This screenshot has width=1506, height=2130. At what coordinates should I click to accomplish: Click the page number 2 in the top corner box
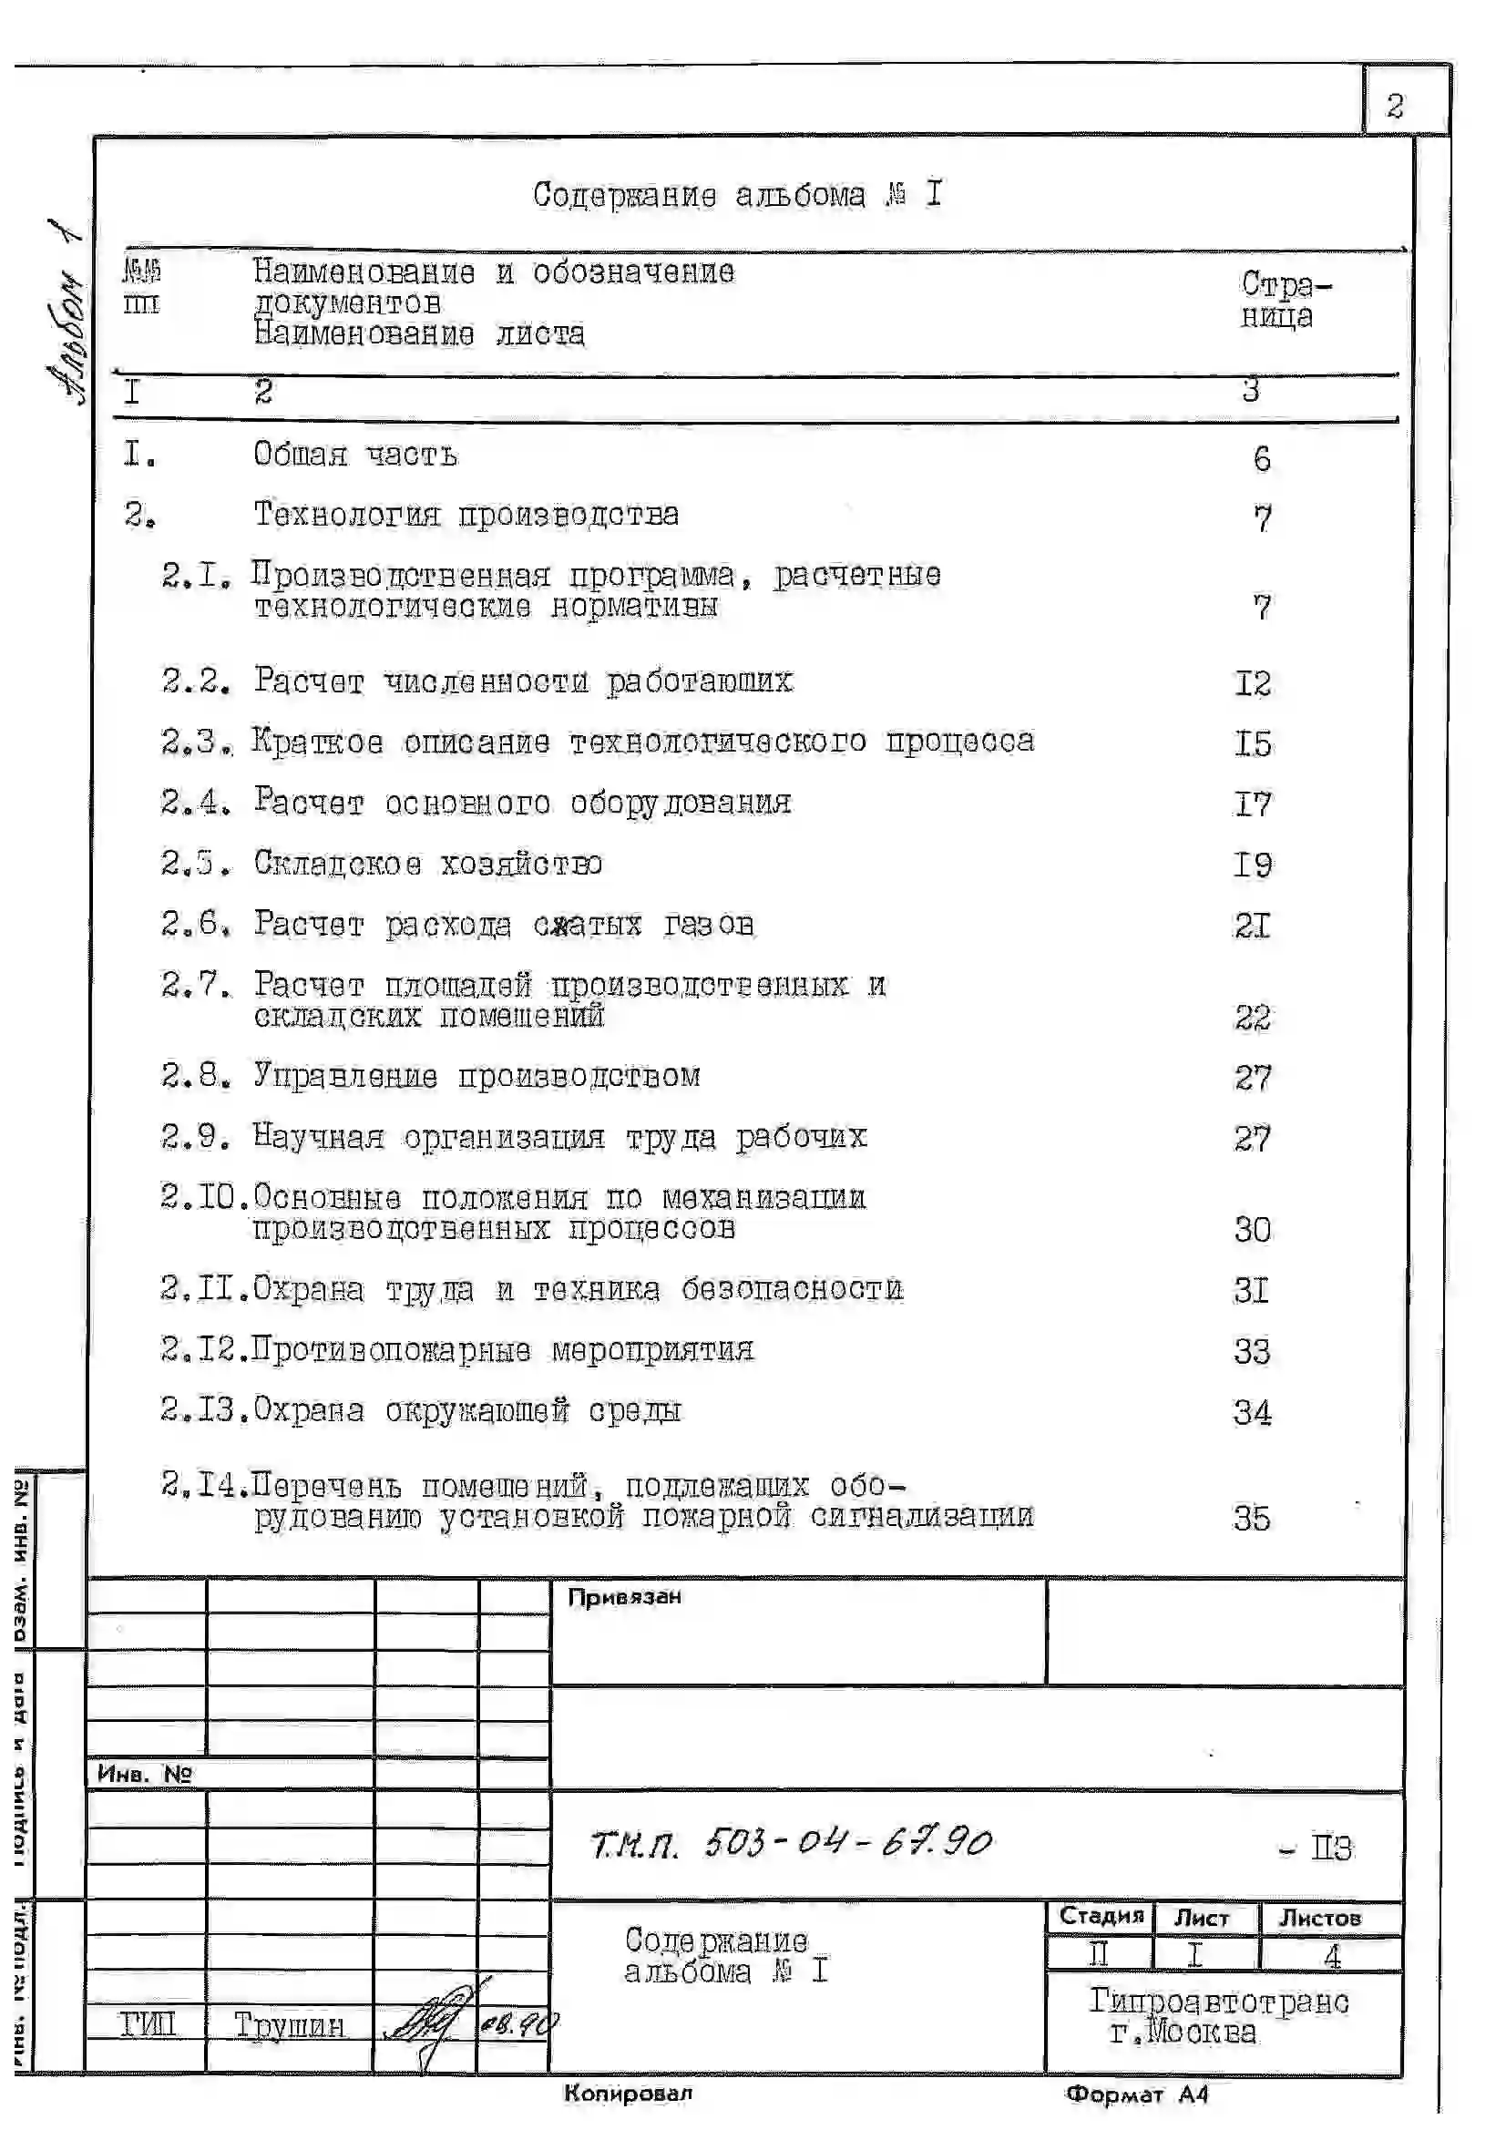click(1394, 107)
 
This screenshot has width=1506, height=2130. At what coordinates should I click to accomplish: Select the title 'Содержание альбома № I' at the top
click(738, 195)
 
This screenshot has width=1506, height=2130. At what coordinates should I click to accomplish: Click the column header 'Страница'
click(1285, 300)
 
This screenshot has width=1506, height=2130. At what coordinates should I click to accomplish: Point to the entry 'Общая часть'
click(355, 455)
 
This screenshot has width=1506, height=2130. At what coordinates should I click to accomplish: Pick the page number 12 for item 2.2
click(1253, 683)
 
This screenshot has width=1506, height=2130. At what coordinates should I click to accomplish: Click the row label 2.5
click(195, 864)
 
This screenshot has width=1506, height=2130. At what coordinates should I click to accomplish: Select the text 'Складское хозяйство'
click(428, 864)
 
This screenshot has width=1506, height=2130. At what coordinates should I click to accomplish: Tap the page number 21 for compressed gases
click(1253, 926)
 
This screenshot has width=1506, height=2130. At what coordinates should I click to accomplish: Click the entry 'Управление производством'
click(477, 1076)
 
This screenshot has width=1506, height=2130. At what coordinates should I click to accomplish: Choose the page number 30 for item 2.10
click(1253, 1230)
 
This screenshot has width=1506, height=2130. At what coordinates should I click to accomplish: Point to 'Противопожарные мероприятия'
click(503, 1350)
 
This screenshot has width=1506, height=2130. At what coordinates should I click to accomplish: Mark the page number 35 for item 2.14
click(1252, 1519)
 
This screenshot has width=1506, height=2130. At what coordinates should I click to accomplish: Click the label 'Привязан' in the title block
click(624, 1596)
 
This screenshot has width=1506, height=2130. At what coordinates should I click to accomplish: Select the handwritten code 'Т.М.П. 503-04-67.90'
click(791, 1842)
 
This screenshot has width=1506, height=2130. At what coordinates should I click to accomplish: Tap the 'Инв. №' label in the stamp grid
click(144, 1774)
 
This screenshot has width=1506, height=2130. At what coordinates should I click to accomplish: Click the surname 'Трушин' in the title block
click(289, 2024)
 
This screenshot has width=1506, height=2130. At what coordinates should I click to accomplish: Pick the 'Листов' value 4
click(1332, 1956)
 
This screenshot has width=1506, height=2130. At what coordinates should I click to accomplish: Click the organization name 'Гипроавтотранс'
click(1218, 2001)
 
